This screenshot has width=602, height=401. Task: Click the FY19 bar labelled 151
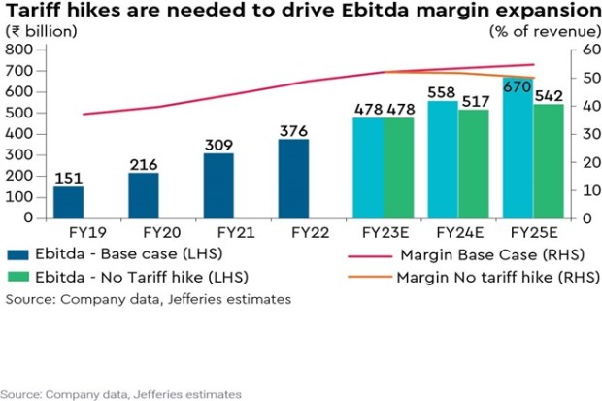pyautogui.click(x=68, y=201)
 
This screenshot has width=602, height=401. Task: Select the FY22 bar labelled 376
pyautogui.click(x=294, y=179)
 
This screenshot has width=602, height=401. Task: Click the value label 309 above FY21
pyautogui.click(x=218, y=145)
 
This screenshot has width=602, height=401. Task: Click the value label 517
pyautogui.click(x=473, y=100)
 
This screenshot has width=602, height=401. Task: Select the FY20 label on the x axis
pyautogui.click(x=143, y=233)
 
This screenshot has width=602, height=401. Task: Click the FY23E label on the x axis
pyautogui.click(x=384, y=233)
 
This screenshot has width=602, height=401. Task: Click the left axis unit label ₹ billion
pyautogui.click(x=43, y=31)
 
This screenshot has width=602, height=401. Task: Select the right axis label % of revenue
pyautogui.click(x=538, y=31)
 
